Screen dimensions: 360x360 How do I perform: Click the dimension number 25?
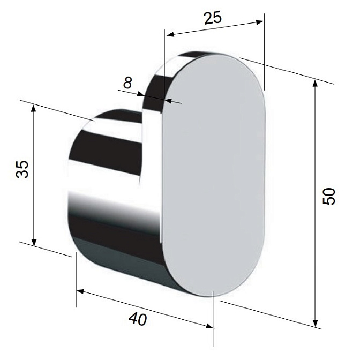point(213,18)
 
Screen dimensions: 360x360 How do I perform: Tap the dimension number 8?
point(127,82)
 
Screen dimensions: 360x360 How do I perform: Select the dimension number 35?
point(22,169)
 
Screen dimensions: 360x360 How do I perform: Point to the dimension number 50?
point(329,196)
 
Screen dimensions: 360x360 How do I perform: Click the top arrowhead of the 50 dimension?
point(316,82)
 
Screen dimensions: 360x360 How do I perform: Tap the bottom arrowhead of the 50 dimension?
point(316,323)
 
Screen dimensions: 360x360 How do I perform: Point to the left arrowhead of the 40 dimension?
point(80,291)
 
